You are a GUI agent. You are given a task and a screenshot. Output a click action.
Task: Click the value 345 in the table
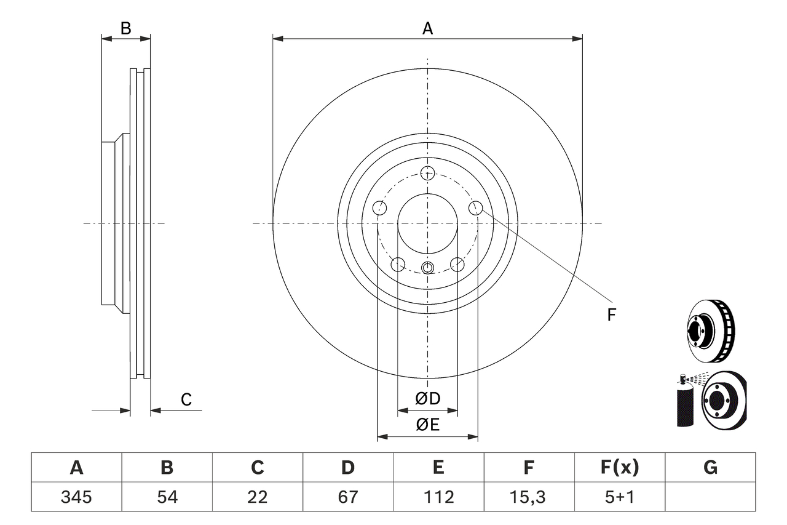point(76,497)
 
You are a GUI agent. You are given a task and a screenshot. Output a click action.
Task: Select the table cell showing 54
point(167,497)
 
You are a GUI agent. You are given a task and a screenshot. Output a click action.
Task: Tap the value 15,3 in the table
point(529,497)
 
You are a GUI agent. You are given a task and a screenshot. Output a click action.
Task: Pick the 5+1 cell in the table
point(619,497)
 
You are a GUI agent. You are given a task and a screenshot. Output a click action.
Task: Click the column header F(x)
point(619,468)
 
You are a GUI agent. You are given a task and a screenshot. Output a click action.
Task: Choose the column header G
point(710,468)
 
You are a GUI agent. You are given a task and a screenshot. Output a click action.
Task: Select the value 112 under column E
point(438,497)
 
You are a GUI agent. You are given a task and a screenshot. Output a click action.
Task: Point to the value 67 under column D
point(348,497)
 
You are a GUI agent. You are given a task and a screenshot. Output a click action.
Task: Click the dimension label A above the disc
point(427,28)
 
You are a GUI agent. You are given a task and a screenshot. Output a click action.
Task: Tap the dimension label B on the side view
point(125,28)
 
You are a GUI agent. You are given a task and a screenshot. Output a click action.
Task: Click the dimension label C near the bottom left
point(186,400)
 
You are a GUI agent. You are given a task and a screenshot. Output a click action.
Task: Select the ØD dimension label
point(428,399)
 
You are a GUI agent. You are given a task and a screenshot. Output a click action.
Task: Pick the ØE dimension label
point(428,425)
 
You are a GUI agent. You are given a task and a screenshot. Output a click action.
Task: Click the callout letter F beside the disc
point(611,315)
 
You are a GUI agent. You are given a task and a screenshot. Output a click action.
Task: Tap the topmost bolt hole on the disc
point(427,172)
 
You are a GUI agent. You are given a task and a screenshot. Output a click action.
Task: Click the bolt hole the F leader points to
point(476,208)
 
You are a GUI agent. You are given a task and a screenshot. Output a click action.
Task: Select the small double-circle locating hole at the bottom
point(428,267)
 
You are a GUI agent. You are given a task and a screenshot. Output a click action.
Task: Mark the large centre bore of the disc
point(427,223)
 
